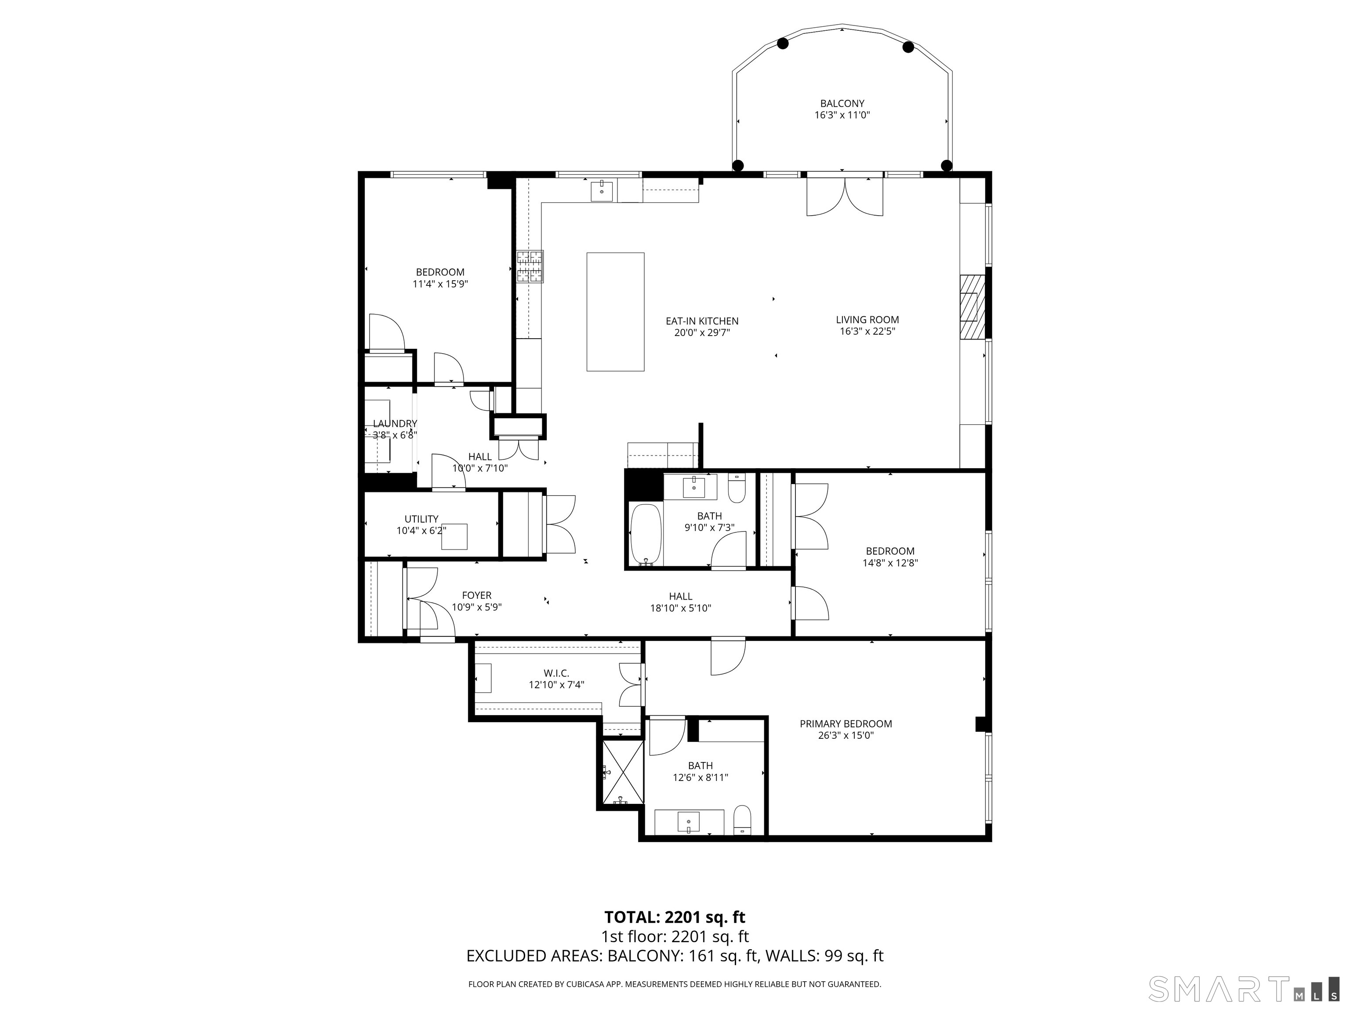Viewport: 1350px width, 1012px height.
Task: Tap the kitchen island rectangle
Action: (615, 312)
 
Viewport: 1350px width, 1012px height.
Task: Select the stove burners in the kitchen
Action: (530, 267)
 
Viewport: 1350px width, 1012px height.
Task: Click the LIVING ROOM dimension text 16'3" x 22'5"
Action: (867, 331)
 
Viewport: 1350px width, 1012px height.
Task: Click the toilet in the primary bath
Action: (742, 819)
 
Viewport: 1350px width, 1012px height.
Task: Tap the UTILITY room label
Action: (421, 519)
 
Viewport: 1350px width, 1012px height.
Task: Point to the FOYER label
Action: (477, 595)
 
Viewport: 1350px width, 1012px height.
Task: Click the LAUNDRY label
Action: (395, 423)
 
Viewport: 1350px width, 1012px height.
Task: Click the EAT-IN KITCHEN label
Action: (702, 321)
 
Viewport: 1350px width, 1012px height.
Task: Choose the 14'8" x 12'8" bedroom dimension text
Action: (890, 563)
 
